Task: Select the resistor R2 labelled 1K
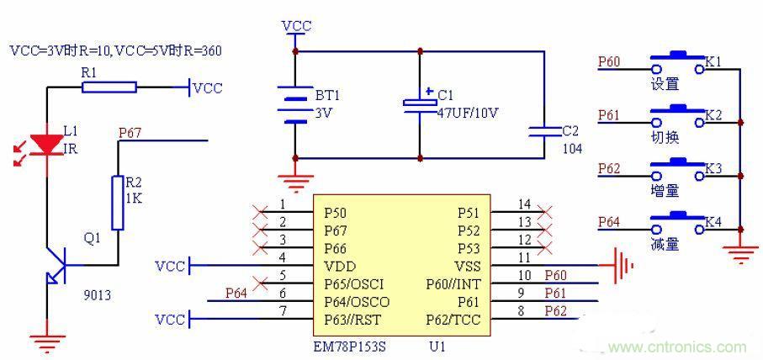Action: (x=118, y=202)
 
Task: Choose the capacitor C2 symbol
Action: (x=543, y=130)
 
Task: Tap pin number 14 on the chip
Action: (x=524, y=204)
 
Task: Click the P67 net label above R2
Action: (x=130, y=132)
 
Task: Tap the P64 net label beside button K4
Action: (x=610, y=222)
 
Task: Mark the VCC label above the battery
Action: (x=296, y=26)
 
